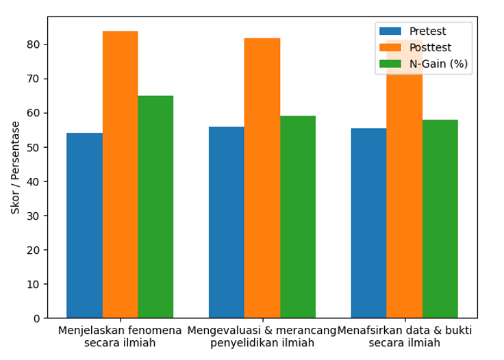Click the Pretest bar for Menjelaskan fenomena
click(84, 226)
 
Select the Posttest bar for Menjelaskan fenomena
click(120, 175)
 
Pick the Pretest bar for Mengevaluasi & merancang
click(227, 222)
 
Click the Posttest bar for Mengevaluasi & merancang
click(262, 178)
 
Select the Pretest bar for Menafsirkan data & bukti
click(369, 223)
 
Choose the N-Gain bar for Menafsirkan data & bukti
click(440, 219)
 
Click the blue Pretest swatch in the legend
click(390, 31)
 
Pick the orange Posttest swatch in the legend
click(390, 48)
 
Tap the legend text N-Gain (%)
click(438, 64)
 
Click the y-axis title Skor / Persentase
click(15, 168)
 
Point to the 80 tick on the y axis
click(34, 44)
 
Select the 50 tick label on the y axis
click(34, 147)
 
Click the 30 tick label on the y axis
click(34, 216)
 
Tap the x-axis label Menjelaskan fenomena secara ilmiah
click(120, 336)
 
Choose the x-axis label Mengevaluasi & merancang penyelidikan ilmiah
click(262, 336)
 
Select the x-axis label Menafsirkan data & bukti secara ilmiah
click(404, 336)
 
